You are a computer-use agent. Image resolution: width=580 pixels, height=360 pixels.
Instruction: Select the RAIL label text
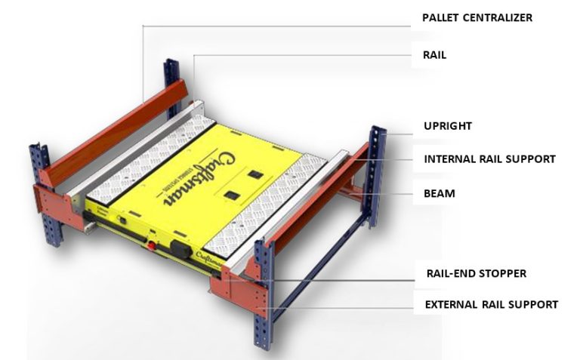point(433,55)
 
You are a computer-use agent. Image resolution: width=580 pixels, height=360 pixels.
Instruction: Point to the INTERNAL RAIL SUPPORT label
point(489,159)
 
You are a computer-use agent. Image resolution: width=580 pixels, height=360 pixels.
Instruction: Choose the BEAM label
point(439,193)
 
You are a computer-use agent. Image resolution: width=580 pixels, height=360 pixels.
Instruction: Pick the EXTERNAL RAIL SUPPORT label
point(490,305)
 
